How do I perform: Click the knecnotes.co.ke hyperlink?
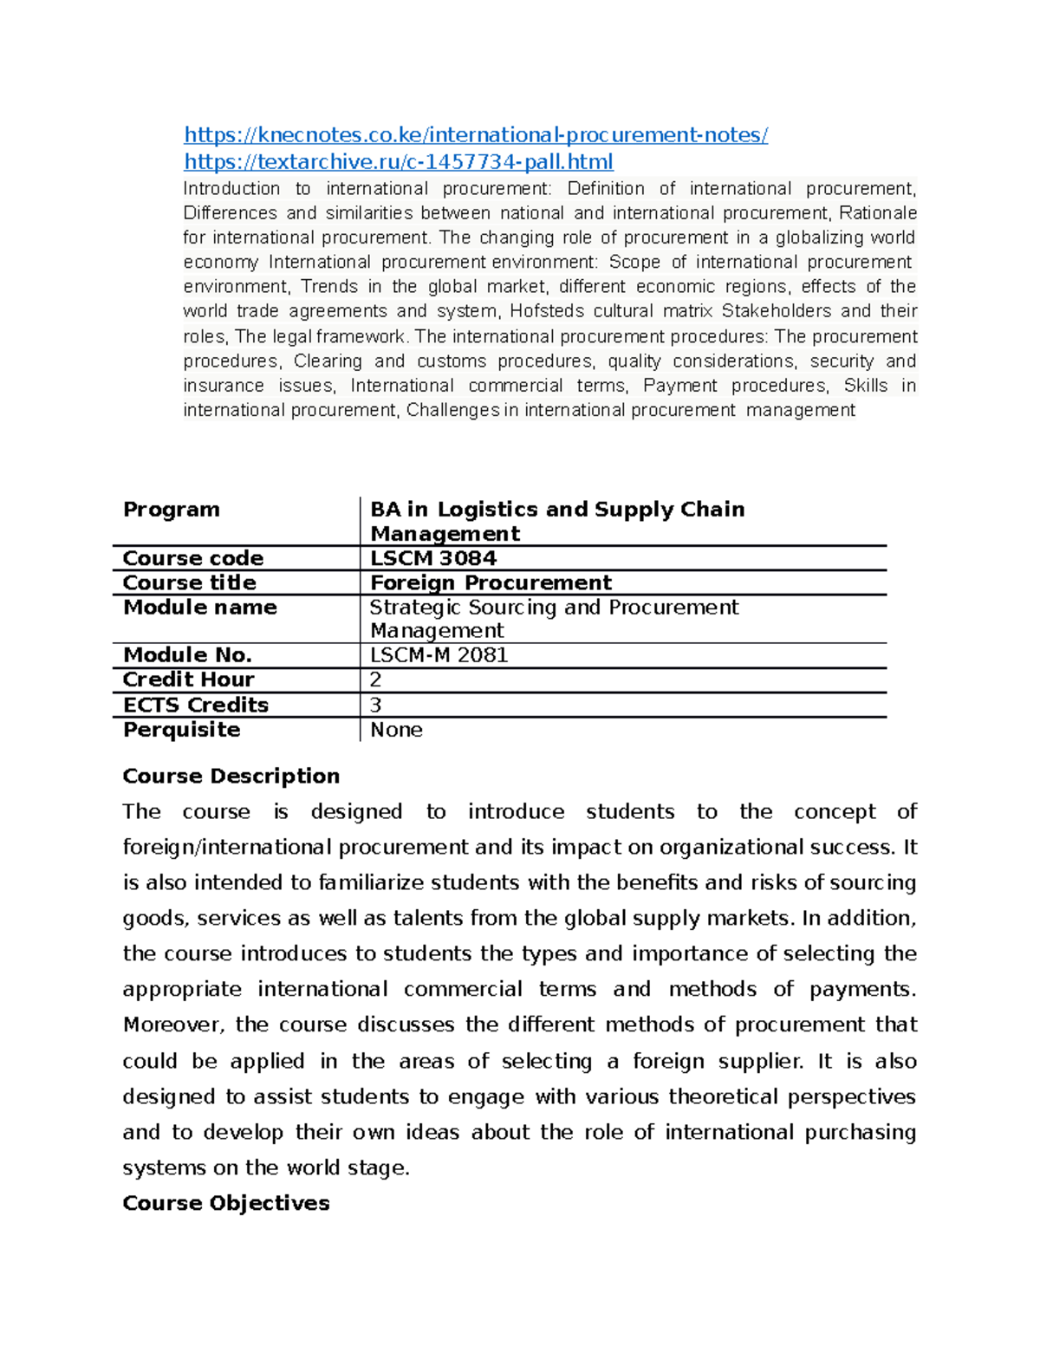tap(476, 135)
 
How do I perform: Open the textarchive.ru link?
tap(399, 162)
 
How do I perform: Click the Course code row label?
tap(193, 558)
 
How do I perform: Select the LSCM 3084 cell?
tap(433, 558)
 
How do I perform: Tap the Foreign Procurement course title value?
tap(491, 582)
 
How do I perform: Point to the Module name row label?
tap(200, 608)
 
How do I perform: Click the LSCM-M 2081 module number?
tap(439, 655)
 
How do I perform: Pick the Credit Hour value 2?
tap(376, 680)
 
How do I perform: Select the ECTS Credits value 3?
tap(376, 705)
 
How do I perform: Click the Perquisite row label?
tap(181, 730)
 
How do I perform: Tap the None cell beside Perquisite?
tap(396, 730)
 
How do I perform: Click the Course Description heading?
tap(231, 776)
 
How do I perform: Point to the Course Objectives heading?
tap(226, 1203)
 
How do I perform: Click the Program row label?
tap(172, 510)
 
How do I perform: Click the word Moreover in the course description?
tap(173, 1024)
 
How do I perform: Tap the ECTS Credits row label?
tap(196, 705)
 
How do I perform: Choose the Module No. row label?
tap(187, 655)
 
